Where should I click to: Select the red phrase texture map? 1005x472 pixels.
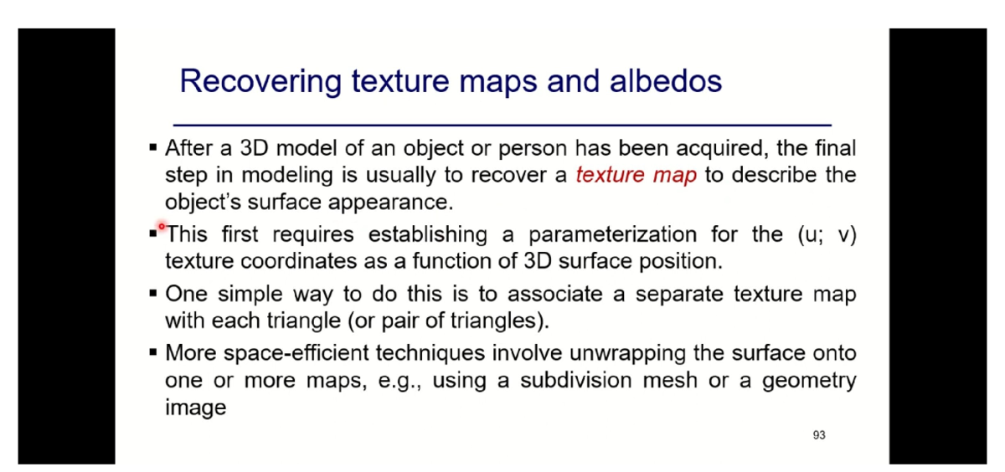(x=636, y=176)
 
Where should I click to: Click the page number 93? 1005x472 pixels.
(x=819, y=435)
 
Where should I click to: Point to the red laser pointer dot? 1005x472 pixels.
(x=162, y=226)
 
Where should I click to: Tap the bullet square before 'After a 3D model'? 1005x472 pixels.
(x=153, y=149)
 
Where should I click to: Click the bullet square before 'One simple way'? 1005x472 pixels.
(x=153, y=295)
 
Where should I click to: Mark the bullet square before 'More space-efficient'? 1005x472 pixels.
(x=153, y=354)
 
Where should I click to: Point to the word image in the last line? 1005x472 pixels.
(x=195, y=408)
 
